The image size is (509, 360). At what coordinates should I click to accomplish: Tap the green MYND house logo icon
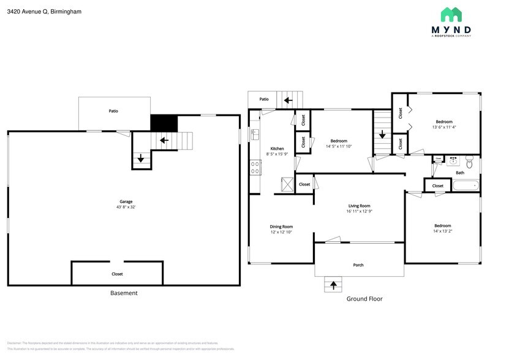pos(451,15)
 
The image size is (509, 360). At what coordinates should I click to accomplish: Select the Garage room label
pos(126,201)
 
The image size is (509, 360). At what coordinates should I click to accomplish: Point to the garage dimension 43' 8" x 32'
pos(126,207)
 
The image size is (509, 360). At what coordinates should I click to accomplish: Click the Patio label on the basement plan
pos(113,111)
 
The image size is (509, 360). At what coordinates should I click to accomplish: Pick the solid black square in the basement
pos(164,123)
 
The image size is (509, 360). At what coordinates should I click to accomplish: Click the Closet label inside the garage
pos(117,274)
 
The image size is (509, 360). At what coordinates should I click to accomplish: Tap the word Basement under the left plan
pos(124,293)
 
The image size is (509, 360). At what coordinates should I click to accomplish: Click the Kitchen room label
pos(277,149)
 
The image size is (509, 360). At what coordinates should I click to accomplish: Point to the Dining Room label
pos(282,227)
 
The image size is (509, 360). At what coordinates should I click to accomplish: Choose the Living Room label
pos(359,206)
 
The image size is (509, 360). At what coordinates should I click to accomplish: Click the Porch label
pos(358,265)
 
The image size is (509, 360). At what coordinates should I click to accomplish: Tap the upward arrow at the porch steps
pos(334,284)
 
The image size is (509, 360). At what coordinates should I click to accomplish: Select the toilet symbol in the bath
pos(469,163)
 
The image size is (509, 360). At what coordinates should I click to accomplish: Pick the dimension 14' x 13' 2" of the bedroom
pos(442,231)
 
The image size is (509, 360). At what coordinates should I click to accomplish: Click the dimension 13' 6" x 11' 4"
pos(444,127)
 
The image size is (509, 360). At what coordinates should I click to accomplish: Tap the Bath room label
pos(459,173)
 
